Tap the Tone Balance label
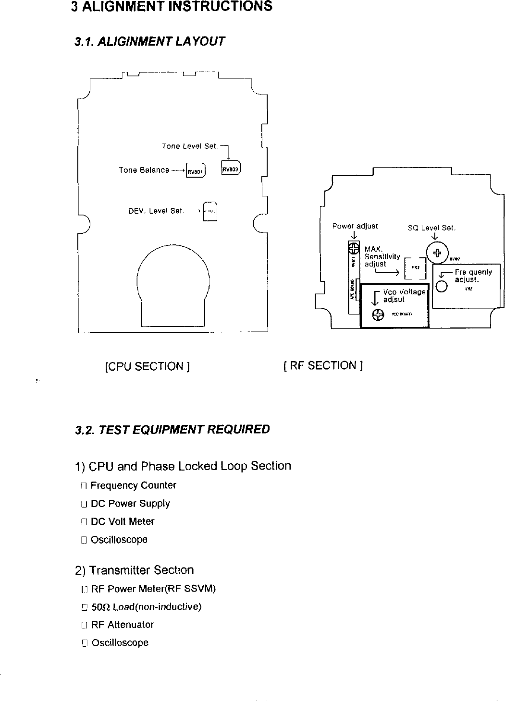click(x=144, y=170)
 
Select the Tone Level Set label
click(x=190, y=146)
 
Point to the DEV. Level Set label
click(x=156, y=211)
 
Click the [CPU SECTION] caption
click(x=147, y=367)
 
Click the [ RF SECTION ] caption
click(x=323, y=366)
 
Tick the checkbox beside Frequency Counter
click(x=84, y=486)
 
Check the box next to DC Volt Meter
click(x=84, y=522)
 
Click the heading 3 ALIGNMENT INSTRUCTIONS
click(x=171, y=7)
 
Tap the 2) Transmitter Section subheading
click(x=135, y=570)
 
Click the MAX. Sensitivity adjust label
click(x=382, y=256)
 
